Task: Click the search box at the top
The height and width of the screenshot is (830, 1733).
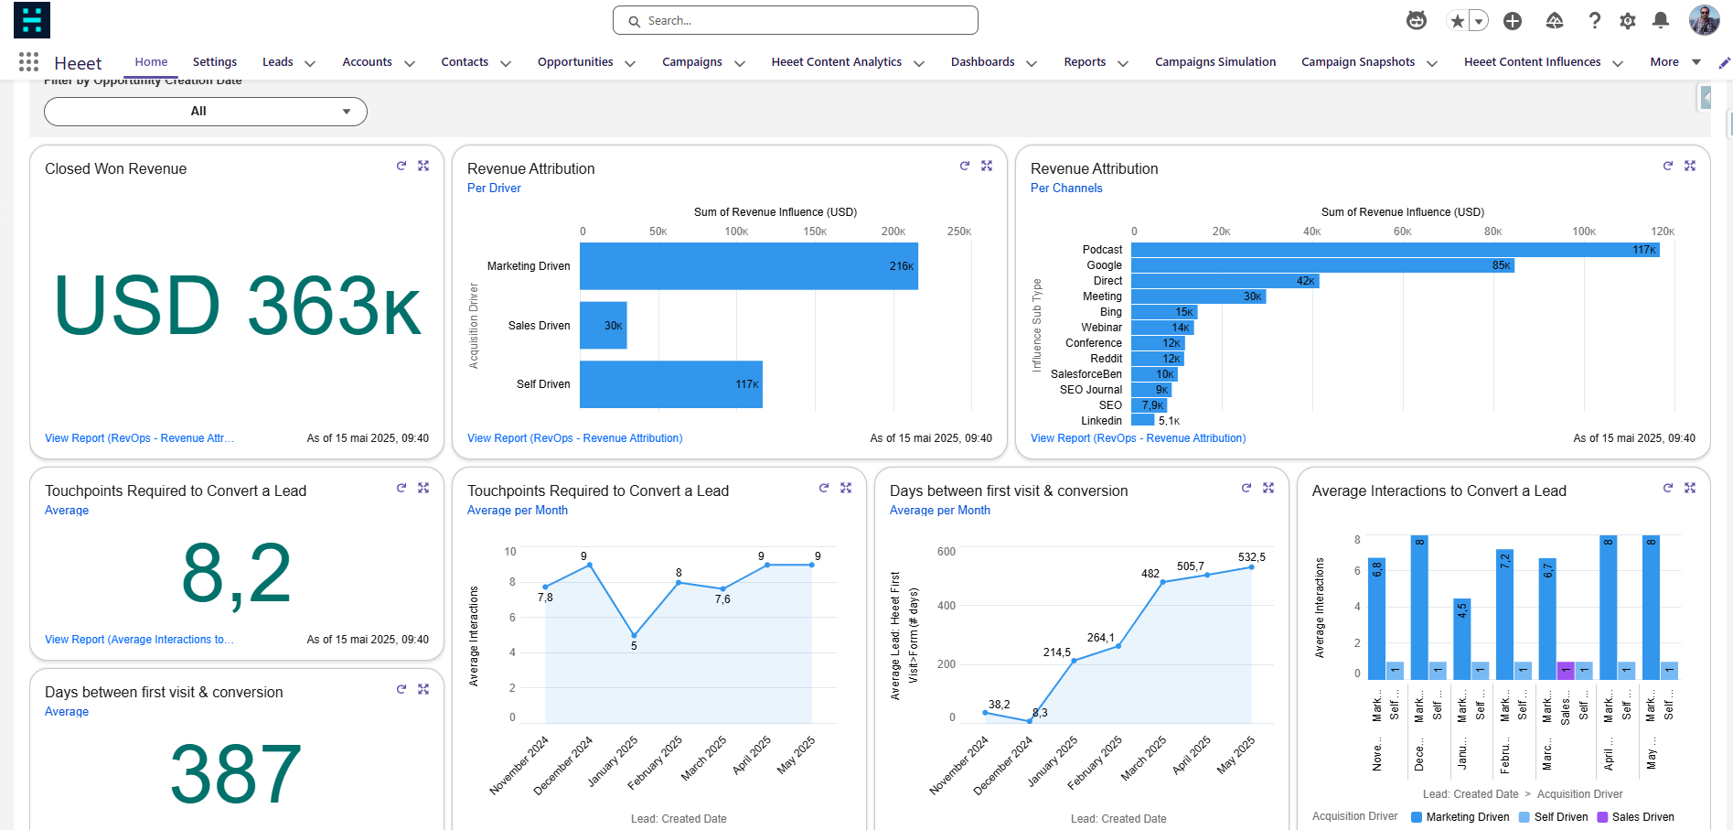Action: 796,20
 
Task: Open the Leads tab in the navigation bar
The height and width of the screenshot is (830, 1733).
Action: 278,62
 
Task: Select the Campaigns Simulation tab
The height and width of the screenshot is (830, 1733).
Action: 1214,62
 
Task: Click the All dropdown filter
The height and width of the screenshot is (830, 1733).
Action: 206,112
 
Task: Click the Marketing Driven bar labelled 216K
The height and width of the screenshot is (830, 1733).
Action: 748,266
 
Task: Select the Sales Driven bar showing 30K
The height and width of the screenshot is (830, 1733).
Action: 603,326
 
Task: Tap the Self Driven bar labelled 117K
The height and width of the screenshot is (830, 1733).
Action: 670,384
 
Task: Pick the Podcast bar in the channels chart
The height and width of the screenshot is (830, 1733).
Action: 1395,250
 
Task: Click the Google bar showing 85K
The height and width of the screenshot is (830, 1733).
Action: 1321,265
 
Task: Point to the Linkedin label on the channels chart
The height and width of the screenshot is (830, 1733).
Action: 1101,421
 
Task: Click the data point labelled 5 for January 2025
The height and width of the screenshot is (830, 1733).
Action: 634,635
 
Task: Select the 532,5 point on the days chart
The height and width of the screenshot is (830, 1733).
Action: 1251,567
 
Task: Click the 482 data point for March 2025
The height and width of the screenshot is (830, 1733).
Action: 1162,582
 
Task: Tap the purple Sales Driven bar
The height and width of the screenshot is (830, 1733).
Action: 1565,670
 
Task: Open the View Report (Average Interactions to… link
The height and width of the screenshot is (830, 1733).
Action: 139,640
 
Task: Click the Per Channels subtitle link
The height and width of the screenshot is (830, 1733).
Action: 1065,189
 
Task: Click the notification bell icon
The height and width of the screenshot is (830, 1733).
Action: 1661,20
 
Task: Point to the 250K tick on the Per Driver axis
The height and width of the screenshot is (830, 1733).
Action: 958,232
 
